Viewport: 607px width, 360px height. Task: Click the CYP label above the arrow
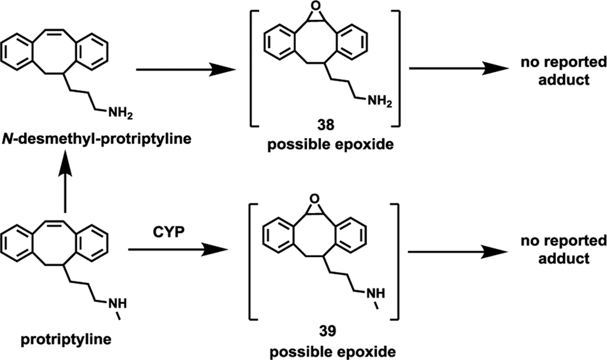click(x=171, y=234)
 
